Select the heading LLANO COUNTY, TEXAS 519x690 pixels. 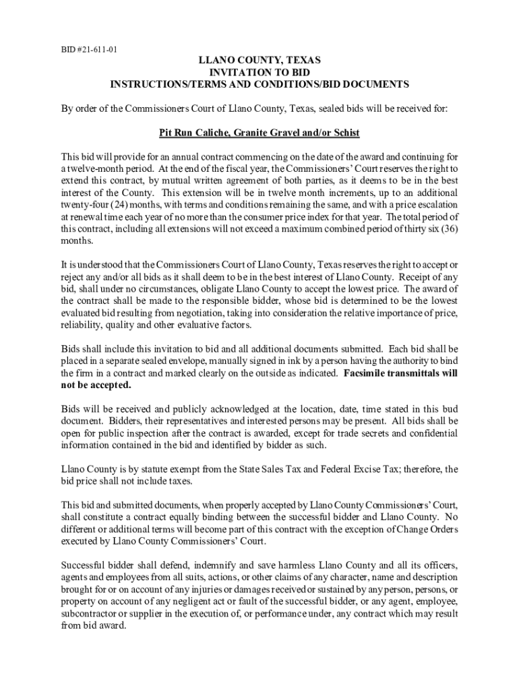pos(259,61)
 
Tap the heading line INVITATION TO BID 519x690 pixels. pos(259,72)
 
